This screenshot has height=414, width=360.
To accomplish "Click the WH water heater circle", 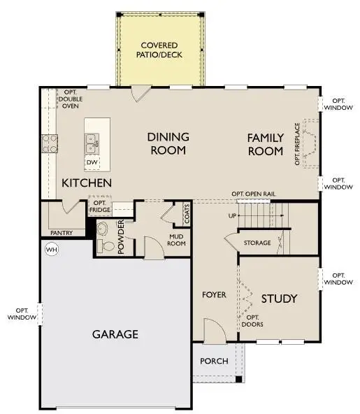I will (51, 249).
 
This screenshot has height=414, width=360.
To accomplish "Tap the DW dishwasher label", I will (92, 162).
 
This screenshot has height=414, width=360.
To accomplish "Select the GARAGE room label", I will (115, 334).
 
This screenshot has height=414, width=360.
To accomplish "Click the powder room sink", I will (102, 229).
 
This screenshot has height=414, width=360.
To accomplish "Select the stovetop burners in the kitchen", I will (50, 144).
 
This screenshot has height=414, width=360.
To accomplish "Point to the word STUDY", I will (279, 299).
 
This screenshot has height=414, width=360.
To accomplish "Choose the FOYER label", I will (214, 295).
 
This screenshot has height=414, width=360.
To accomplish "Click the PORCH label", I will (214, 362).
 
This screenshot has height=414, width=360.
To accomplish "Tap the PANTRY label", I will (62, 232).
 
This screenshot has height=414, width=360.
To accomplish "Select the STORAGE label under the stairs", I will (257, 243).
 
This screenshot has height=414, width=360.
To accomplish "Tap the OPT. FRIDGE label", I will (99, 208).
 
